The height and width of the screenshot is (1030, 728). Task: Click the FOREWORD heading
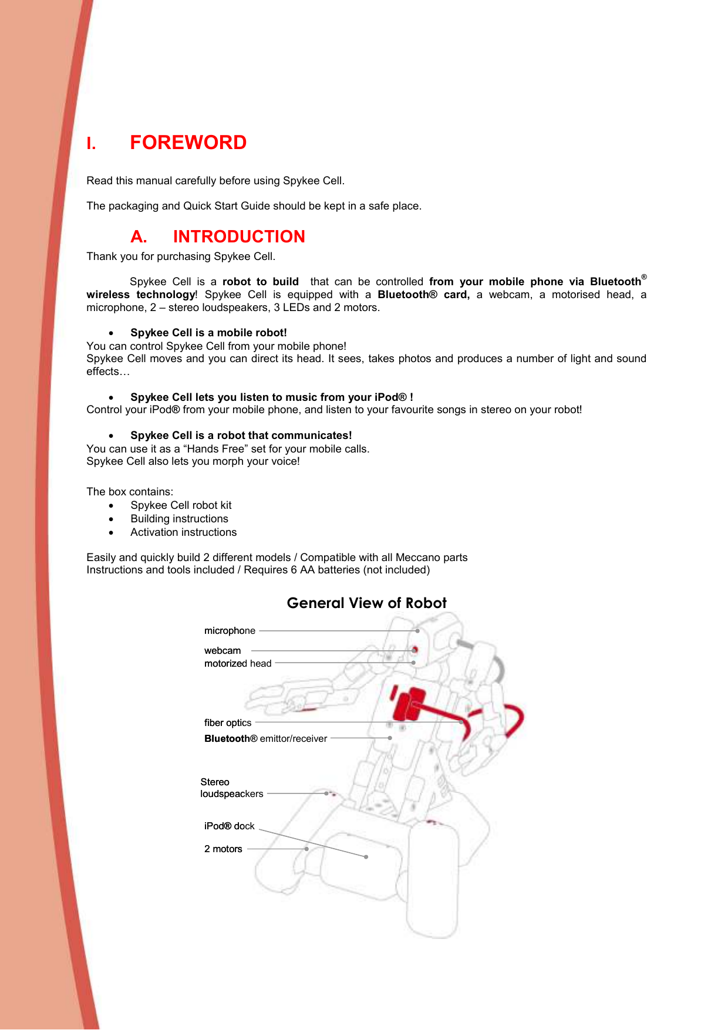click(x=188, y=143)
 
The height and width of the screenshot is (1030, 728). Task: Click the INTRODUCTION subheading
click(x=239, y=237)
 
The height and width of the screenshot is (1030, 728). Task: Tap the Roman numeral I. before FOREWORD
click(x=91, y=144)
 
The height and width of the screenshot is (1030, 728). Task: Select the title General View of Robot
click(x=366, y=603)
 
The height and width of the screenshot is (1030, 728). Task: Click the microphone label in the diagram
click(x=230, y=631)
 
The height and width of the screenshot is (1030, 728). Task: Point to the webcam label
click(x=223, y=651)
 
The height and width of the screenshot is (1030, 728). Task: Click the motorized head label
click(x=238, y=664)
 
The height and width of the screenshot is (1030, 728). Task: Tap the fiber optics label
click(x=228, y=723)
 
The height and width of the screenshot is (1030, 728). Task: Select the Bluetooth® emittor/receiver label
click(x=265, y=739)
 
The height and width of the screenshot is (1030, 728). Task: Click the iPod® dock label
click(x=229, y=826)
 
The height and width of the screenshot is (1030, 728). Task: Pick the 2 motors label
click(x=223, y=849)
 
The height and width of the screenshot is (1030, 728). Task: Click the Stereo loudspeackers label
click(x=231, y=788)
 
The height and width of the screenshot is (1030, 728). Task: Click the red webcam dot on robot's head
click(x=414, y=650)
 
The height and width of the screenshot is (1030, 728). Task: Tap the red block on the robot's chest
click(x=408, y=704)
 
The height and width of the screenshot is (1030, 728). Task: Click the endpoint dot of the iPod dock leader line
click(x=366, y=857)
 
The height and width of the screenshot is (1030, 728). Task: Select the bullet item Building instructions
click(x=179, y=519)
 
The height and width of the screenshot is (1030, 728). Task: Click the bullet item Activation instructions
click(x=183, y=532)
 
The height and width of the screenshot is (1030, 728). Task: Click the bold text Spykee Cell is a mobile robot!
click(x=208, y=333)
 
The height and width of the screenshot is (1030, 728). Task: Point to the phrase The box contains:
click(x=130, y=492)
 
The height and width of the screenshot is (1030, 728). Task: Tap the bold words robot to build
click(x=260, y=282)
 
